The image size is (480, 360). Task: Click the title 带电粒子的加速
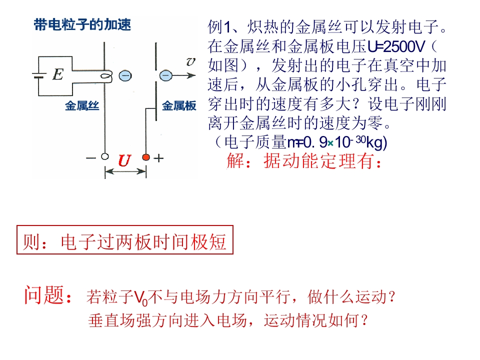point(82,24)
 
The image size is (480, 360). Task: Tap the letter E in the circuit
point(58,74)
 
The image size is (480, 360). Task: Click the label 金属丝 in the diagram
point(82,106)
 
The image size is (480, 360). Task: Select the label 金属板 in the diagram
point(179,106)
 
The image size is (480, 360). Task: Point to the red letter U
point(124,160)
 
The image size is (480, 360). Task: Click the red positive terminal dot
point(146,157)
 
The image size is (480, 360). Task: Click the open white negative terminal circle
point(104,156)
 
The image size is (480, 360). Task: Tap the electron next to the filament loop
point(125,75)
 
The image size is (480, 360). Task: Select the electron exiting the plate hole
point(165,75)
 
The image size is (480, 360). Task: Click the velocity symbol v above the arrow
point(190,61)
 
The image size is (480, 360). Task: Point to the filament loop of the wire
point(106,76)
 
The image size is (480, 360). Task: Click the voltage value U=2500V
point(396,47)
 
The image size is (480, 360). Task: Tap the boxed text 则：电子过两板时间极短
point(124,242)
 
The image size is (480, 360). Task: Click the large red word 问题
point(44,295)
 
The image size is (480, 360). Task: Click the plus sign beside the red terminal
point(158,158)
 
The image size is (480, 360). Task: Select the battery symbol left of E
point(38,75)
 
